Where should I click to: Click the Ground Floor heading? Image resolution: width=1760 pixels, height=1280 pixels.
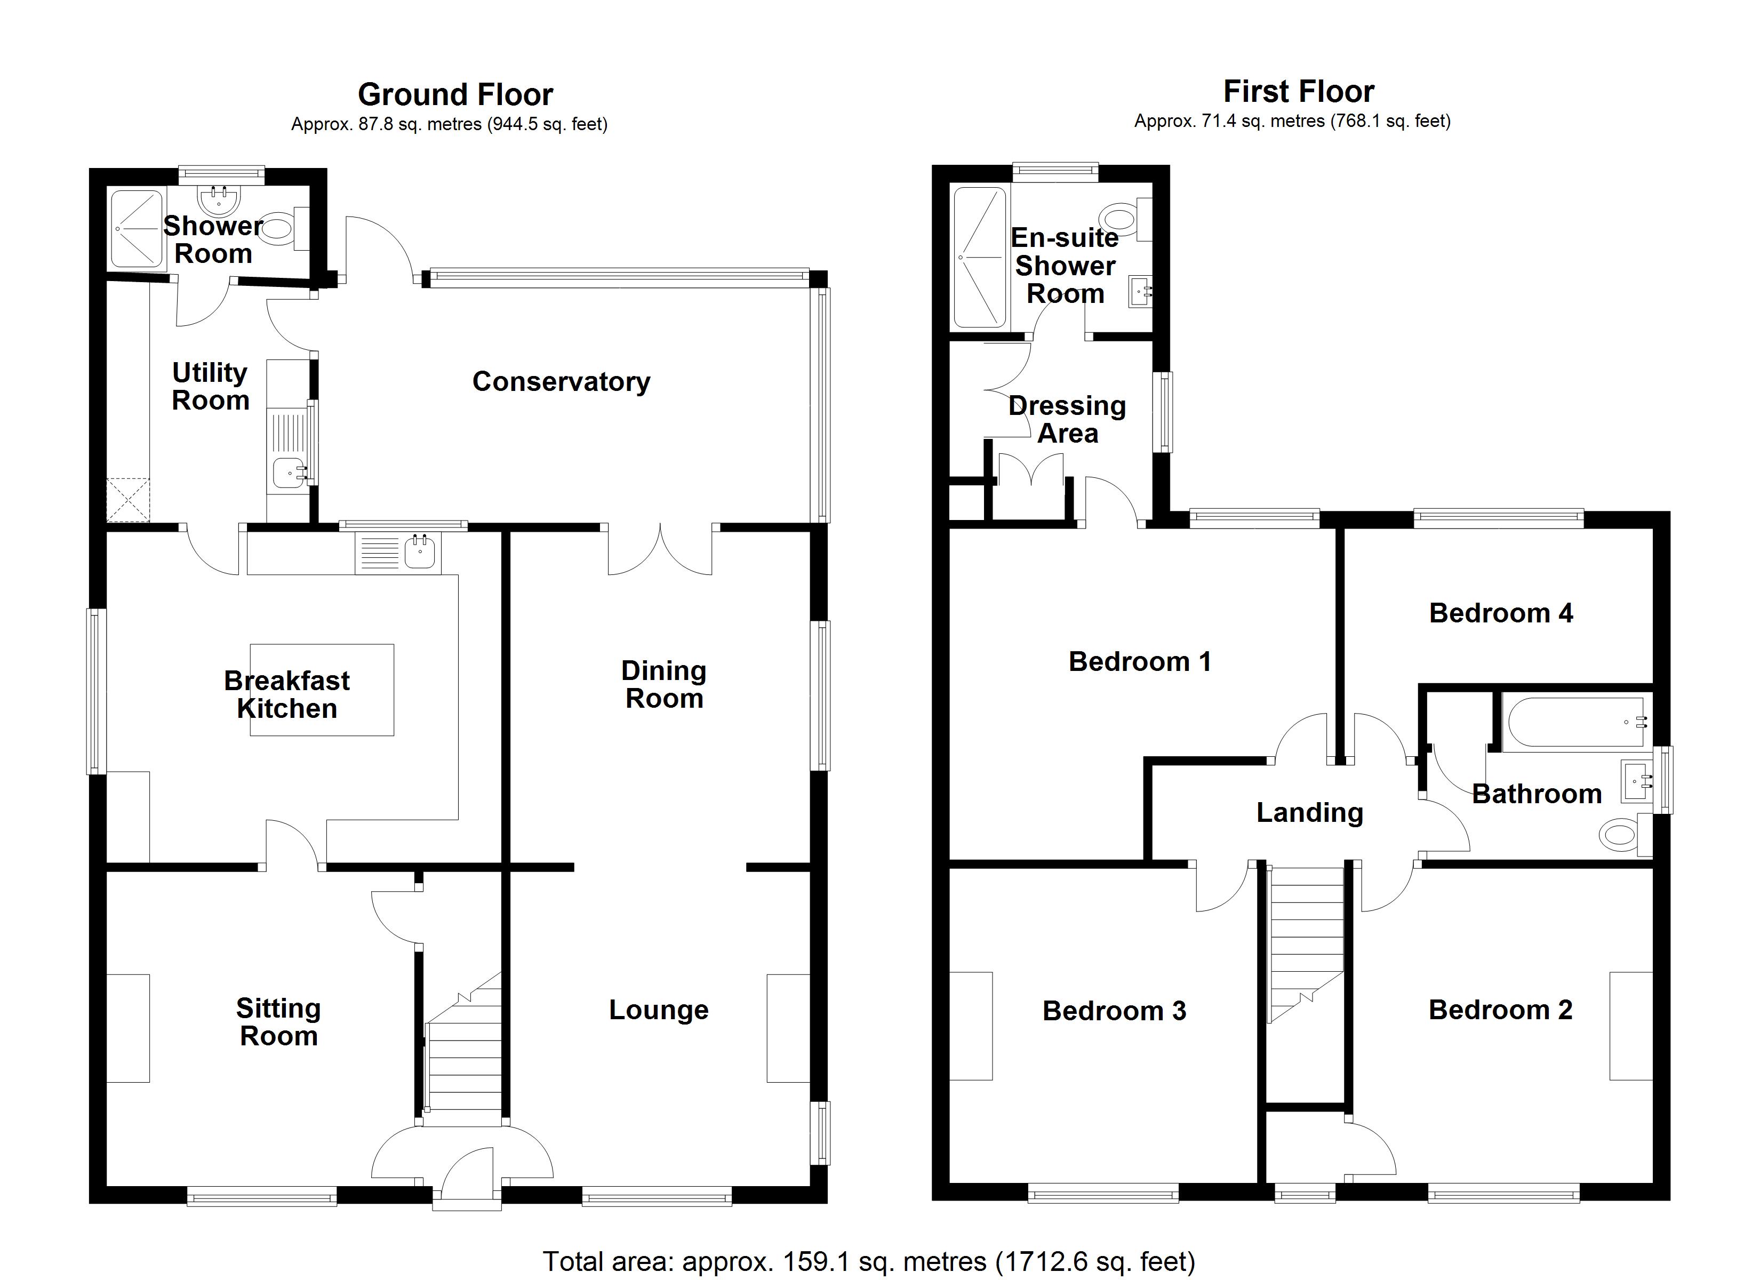(455, 95)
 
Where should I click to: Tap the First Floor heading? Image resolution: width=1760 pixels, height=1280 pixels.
(1298, 92)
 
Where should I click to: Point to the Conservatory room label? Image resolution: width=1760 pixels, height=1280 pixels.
(561, 381)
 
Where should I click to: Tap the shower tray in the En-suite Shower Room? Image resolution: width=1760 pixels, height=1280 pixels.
(979, 257)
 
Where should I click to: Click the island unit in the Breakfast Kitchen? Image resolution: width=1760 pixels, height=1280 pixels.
(321, 689)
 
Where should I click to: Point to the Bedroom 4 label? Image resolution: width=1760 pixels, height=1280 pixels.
(1501, 613)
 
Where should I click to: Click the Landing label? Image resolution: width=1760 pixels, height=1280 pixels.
(1310, 813)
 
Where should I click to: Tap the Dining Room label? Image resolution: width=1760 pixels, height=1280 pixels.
(665, 685)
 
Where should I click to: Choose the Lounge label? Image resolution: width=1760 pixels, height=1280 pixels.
(659, 1010)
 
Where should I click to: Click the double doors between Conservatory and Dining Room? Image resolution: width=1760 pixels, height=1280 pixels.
(660, 551)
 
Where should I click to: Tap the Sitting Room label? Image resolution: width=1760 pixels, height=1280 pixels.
(278, 1022)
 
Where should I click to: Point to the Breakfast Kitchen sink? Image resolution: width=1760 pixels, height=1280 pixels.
(419, 553)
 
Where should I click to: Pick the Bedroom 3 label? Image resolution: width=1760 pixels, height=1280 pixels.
(1114, 1011)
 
